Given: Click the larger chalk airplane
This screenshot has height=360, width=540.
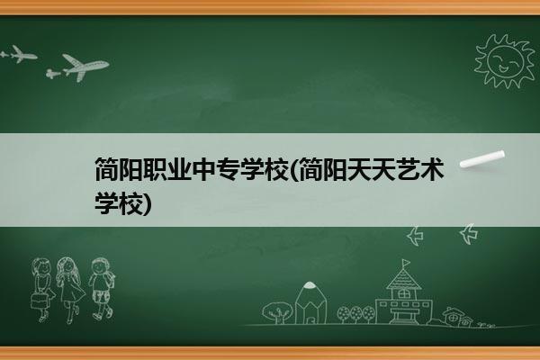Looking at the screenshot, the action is pyautogui.click(x=85, y=67).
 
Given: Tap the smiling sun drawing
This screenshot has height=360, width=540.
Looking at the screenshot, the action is pyautogui.click(x=504, y=61).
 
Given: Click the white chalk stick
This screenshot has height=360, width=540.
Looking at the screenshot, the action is pyautogui.click(x=482, y=159).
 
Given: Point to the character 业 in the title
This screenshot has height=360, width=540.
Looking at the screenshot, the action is pyautogui.click(x=179, y=169).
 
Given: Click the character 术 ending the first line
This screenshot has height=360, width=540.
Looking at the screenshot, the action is pyautogui.click(x=432, y=169).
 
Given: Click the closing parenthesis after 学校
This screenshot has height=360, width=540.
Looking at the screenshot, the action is pyautogui.click(x=147, y=203).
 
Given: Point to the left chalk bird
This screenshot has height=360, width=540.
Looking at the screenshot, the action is pyautogui.click(x=415, y=236).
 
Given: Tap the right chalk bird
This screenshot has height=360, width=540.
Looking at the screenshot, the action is pyautogui.click(x=469, y=234).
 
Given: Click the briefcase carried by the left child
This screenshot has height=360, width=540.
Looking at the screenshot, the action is pyautogui.click(x=38, y=301).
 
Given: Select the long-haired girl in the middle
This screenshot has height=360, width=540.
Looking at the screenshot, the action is pyautogui.click(x=70, y=290).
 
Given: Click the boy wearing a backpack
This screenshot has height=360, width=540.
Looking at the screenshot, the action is pyautogui.click(x=102, y=289).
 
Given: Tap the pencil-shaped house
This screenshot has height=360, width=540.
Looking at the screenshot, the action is pyautogui.click(x=310, y=303).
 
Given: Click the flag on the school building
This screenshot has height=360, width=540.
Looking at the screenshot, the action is pyautogui.click(x=407, y=263).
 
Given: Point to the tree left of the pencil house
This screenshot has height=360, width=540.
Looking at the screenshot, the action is pyautogui.click(x=277, y=312).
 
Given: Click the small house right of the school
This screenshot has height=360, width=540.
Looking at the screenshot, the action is pyautogui.click(x=454, y=316).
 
